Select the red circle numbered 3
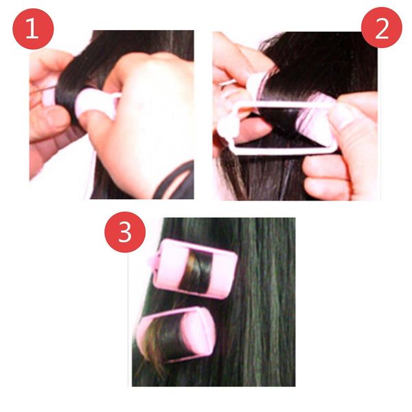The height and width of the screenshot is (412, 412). [x=124, y=233]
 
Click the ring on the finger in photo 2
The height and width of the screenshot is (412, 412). [x=227, y=84]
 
